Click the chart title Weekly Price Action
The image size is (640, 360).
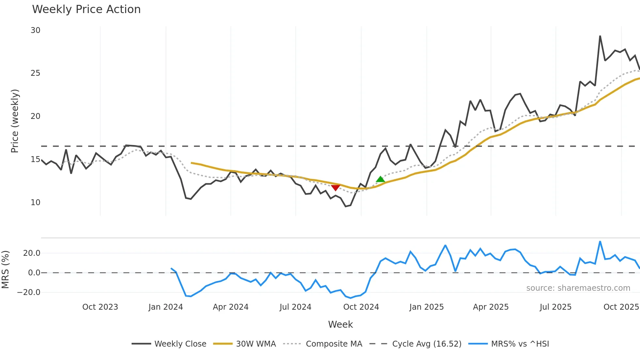click(86, 9)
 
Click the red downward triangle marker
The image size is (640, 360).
click(335, 188)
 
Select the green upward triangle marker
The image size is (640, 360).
click(380, 179)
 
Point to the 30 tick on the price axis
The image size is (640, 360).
click(36, 30)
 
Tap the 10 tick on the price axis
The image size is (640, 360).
click(36, 203)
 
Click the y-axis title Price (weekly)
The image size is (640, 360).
click(15, 121)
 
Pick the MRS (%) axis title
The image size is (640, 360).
click(6, 270)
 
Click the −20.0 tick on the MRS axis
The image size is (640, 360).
click(29, 292)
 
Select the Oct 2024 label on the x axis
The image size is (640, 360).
click(361, 307)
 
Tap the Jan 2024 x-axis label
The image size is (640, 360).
click(166, 307)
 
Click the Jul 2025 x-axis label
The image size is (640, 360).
click(555, 307)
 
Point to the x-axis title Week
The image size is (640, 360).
click(340, 324)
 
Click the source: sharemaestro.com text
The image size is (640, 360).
click(578, 288)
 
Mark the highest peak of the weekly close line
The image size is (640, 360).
click(600, 36)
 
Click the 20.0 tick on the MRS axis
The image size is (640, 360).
click(32, 253)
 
